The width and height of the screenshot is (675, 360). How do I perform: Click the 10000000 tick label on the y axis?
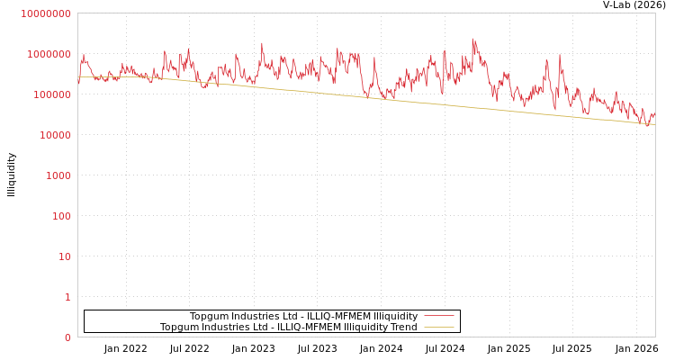coord(45,13)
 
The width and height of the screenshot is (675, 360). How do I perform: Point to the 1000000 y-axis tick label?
coord(48,54)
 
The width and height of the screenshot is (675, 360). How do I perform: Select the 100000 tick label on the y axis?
coord(50,94)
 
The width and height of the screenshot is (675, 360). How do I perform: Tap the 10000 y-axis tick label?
coord(53,135)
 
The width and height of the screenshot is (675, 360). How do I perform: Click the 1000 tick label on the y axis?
coord(57,175)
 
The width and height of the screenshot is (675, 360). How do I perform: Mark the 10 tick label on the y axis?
coord(64,256)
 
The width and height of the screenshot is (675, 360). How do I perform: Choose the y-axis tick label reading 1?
coord(67,297)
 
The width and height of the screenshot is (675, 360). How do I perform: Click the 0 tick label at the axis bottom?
coord(67,337)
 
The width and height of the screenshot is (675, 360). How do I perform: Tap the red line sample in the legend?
coord(438,316)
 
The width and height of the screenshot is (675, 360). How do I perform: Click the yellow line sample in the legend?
coord(438,327)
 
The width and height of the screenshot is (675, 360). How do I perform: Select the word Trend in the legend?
coord(403,327)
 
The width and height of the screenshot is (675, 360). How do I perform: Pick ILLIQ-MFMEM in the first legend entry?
coord(338,316)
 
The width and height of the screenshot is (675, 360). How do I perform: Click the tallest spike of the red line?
coord(472,39)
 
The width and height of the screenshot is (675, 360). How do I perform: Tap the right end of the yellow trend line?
coord(654,125)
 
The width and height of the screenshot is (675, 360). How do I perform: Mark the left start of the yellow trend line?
coord(79,77)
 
